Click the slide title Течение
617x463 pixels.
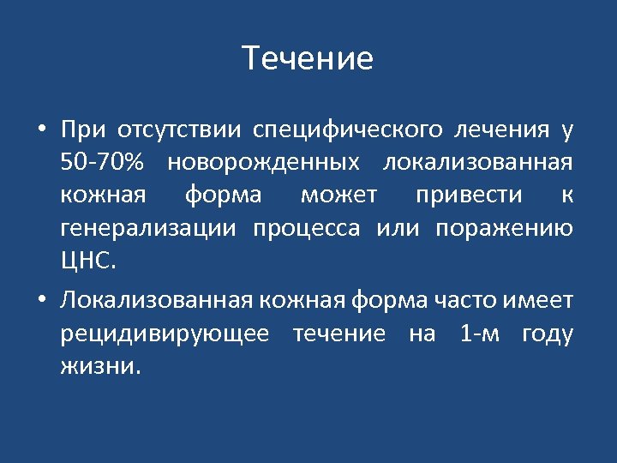308,59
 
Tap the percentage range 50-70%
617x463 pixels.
103,162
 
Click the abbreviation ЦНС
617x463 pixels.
87,262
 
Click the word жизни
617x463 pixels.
99,366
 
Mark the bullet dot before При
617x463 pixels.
41,130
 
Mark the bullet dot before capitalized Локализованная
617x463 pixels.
41,301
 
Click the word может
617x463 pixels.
338,195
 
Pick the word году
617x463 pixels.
547,334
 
